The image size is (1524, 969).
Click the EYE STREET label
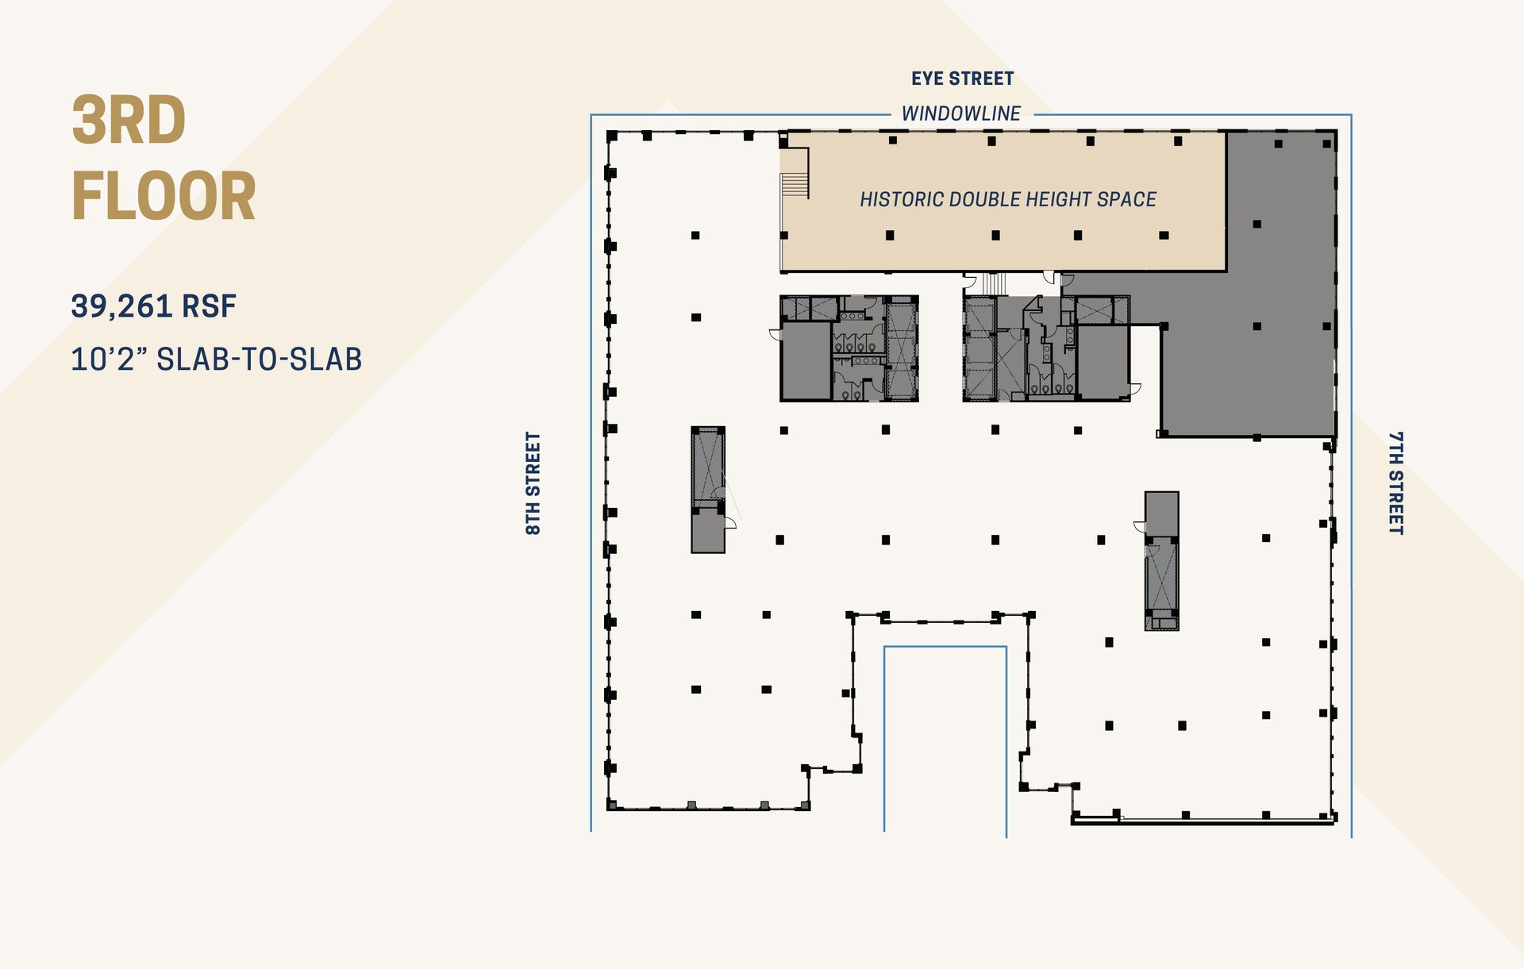click(962, 79)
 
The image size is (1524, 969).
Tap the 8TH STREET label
click(533, 483)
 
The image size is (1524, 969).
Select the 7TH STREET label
click(1395, 483)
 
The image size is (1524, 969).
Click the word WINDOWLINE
click(961, 113)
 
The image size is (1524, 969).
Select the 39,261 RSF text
click(153, 306)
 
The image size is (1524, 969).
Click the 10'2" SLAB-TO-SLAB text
click(216, 360)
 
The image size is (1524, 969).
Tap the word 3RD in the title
click(129, 121)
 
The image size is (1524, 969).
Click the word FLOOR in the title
click(164, 197)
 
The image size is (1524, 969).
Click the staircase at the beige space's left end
click(794, 185)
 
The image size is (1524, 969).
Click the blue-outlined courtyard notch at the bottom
click(945, 738)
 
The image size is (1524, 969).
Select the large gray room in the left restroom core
click(805, 361)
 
